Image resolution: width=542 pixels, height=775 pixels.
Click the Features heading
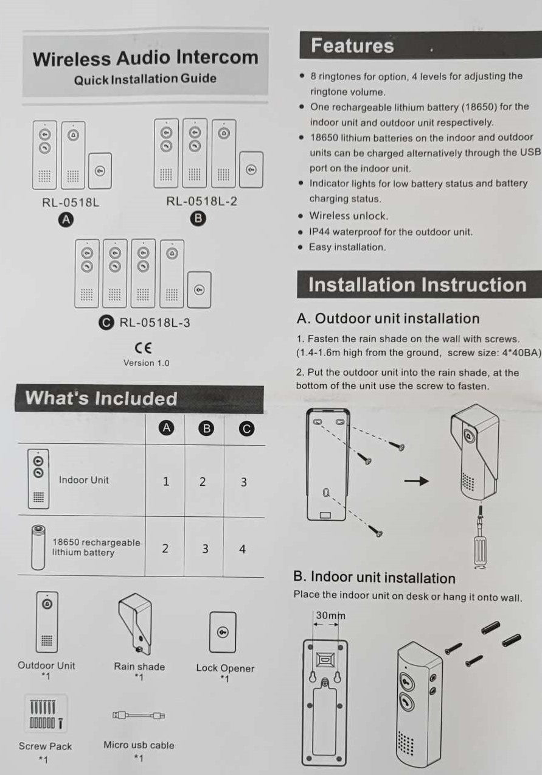(352, 46)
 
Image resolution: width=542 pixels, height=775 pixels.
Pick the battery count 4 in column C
(242, 549)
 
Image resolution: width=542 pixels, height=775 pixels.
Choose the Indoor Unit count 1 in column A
(165, 482)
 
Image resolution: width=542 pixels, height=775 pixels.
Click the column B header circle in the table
(206, 429)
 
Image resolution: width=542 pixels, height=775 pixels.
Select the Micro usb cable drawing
(139, 715)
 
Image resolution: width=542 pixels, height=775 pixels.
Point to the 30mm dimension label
(329, 616)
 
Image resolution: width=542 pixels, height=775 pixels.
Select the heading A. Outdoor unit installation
(387, 318)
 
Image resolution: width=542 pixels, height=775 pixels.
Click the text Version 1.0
(146, 363)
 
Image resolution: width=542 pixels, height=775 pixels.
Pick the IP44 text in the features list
(321, 232)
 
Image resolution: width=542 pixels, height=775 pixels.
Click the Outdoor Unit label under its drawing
(46, 665)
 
